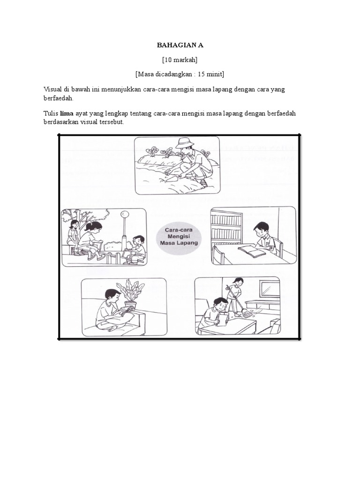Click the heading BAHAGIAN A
pos(180,45)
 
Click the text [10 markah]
pos(180,60)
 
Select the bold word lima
pos(67,113)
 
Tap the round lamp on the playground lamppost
pos(124,214)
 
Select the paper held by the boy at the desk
pos(223,319)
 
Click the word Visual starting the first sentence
pos(52,90)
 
